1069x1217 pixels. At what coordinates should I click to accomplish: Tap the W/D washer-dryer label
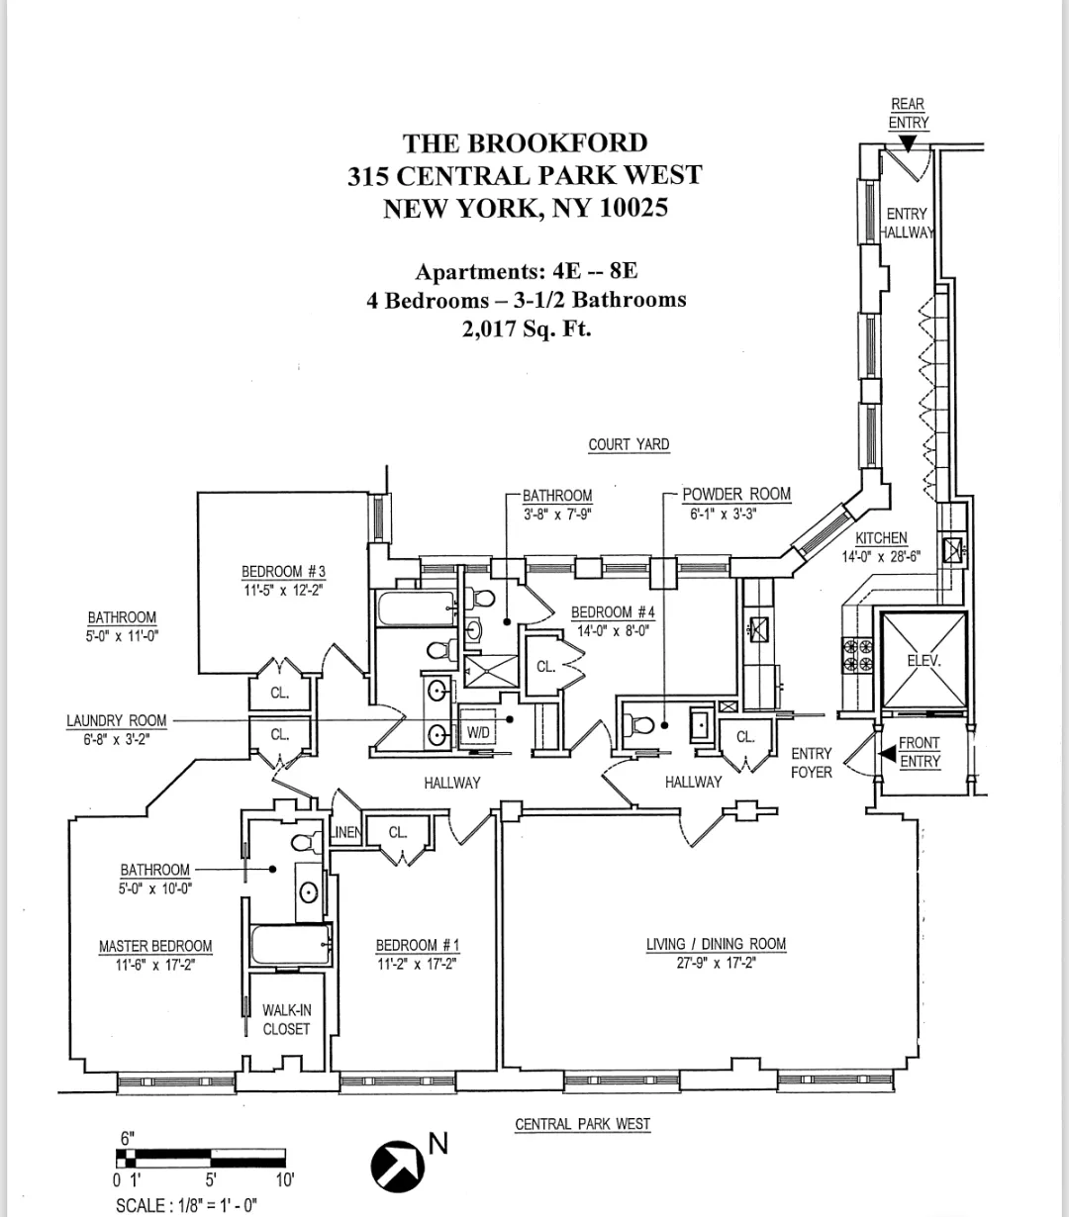click(x=478, y=733)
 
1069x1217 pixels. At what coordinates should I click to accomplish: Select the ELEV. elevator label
click(x=923, y=660)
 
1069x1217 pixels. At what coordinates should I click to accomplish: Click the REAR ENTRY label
click(x=908, y=114)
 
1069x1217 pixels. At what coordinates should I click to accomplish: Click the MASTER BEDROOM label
click(x=155, y=946)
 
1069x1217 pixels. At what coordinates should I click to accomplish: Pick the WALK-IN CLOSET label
click(x=286, y=1019)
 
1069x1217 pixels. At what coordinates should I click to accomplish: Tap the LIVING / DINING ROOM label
click(x=716, y=944)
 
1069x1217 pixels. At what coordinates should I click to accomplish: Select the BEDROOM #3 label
click(x=283, y=572)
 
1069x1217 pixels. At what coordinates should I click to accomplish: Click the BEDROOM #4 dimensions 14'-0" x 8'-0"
click(x=613, y=630)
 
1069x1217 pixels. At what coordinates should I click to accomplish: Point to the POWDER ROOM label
click(x=736, y=495)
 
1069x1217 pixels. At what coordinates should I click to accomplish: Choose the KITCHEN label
click(x=881, y=538)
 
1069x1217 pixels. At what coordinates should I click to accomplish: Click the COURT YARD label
click(x=629, y=445)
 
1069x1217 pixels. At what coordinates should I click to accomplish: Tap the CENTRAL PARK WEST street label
click(x=582, y=1124)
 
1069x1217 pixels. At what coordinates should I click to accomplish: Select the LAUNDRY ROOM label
click(x=117, y=721)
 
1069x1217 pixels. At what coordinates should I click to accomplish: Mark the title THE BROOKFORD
click(x=525, y=143)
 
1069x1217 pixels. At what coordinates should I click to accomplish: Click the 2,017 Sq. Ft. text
click(x=526, y=329)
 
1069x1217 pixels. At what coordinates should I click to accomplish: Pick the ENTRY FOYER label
click(x=811, y=762)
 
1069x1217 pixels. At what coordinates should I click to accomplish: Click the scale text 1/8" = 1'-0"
click(x=187, y=1205)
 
